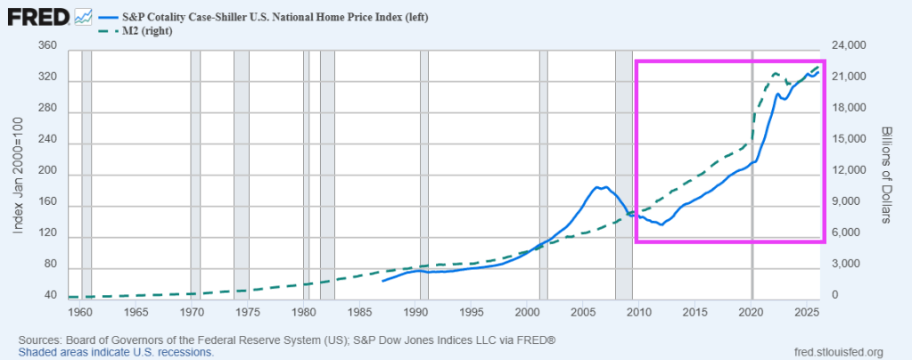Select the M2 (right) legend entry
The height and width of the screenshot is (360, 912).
[144, 31]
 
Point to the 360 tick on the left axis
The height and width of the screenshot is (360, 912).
[48, 46]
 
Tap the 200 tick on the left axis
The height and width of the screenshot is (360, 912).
[48, 173]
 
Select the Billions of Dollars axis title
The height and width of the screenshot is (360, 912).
[886, 173]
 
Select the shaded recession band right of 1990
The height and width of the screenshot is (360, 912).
[424, 178]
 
